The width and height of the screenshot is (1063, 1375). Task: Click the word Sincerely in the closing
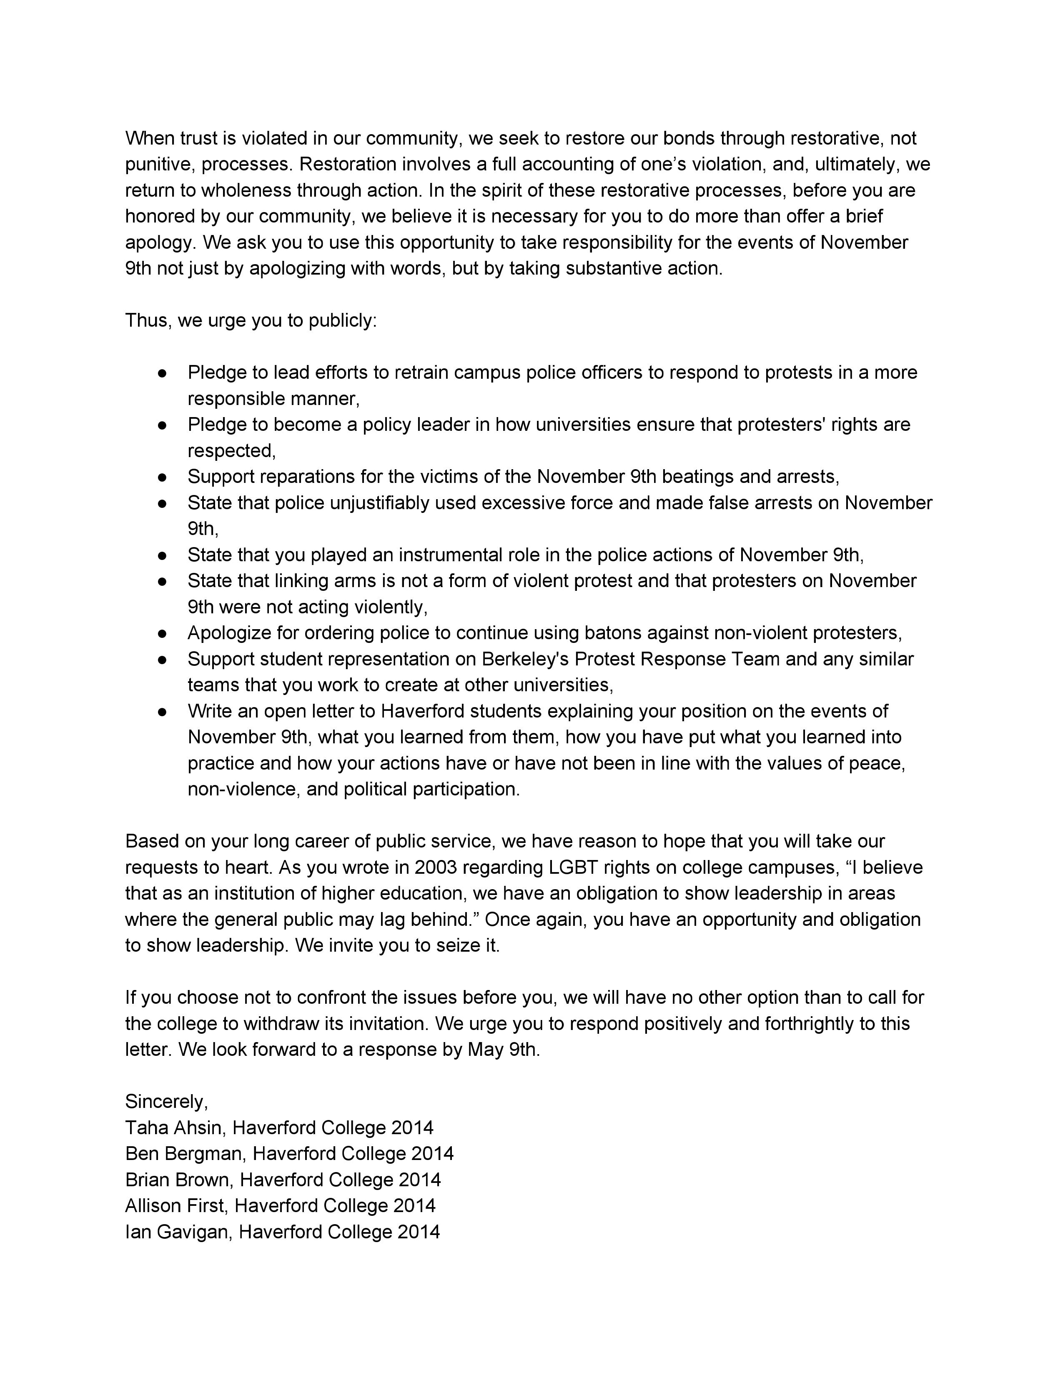point(165,1101)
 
